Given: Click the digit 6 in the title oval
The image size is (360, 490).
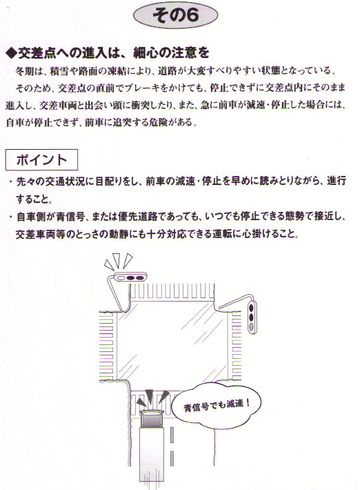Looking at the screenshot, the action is tap(192, 15).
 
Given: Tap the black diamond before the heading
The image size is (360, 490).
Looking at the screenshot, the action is tap(11, 54).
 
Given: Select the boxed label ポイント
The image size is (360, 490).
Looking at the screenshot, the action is tap(41, 160).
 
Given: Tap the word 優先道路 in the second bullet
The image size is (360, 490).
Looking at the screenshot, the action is tap(137, 216).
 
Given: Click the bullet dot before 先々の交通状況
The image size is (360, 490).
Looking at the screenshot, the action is tap(10, 182).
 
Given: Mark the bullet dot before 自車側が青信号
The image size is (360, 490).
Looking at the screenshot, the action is tap(10, 216).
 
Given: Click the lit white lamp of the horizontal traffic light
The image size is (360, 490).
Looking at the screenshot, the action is tap(120, 277).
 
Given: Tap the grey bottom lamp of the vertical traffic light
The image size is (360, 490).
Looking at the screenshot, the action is tap(251, 327).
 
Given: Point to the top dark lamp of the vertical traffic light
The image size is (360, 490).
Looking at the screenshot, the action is tap(251, 307).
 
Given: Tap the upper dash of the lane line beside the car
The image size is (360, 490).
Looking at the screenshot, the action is tap(172, 435).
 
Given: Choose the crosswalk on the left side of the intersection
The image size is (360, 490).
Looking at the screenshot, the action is tap(106, 346).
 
